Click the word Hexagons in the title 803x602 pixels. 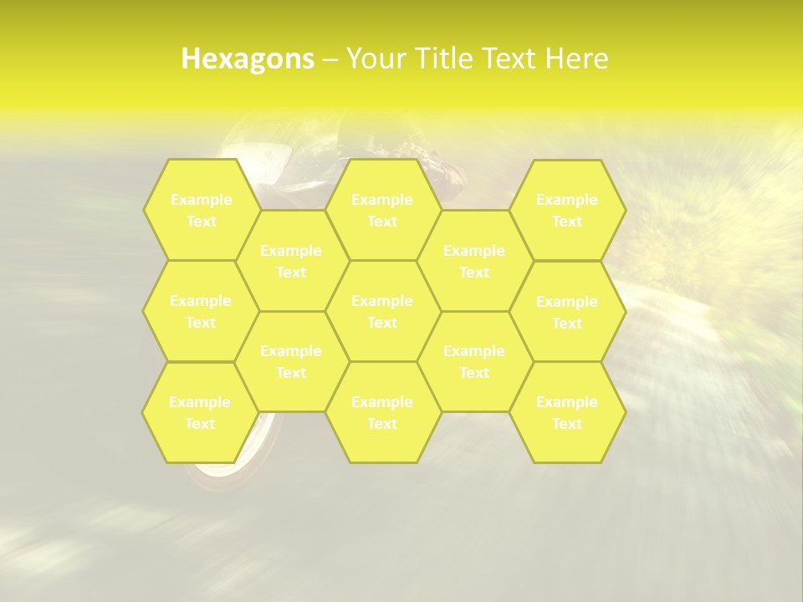coord(248,59)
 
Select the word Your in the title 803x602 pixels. coord(374,59)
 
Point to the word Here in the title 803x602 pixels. coord(576,59)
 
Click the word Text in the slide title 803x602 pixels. coord(510,59)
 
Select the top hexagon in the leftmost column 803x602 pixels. coord(201,210)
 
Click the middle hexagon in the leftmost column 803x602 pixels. coord(201,311)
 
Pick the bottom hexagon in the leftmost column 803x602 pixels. coord(200,412)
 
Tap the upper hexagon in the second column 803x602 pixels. coord(291,261)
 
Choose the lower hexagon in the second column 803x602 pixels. coord(291,361)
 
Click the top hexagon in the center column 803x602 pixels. coord(382,210)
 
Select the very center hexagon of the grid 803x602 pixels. coord(382,311)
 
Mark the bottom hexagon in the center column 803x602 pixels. coord(382,412)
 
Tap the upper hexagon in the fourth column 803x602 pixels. coord(474,261)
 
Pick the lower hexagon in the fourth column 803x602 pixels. coord(474,361)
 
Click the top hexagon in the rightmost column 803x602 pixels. coord(567,210)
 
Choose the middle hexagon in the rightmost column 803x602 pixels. coord(567,312)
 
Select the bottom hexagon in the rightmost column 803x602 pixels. coord(567,412)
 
